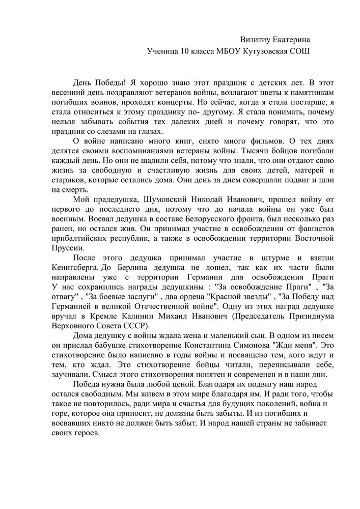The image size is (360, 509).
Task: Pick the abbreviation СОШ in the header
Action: pyautogui.click(x=299, y=51)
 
